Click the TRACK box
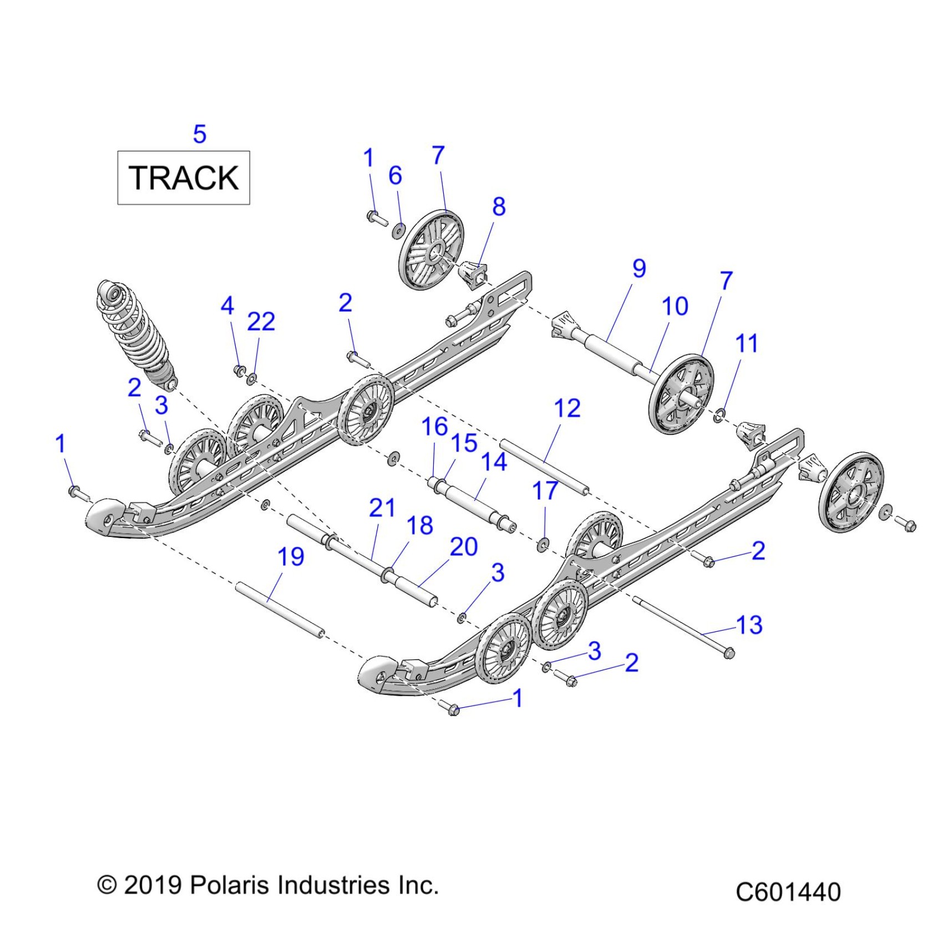point(183,178)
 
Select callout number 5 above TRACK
point(200,135)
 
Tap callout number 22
point(261,322)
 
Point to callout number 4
point(227,306)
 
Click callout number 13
point(749,625)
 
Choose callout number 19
point(291,557)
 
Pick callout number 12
point(567,408)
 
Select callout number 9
point(639,268)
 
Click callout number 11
point(746,343)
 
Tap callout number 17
point(545,491)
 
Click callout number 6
point(395,176)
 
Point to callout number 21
point(382,508)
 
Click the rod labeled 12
point(544,466)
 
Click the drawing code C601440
point(788,893)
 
